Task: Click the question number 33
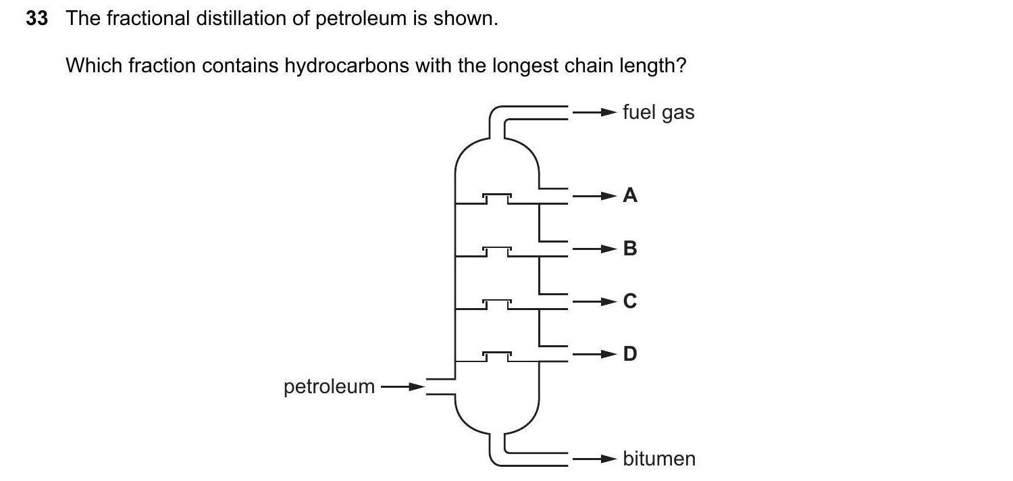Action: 37,19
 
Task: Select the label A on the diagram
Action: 630,196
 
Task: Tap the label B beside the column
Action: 630,249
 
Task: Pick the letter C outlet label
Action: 630,301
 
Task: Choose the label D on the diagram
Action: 630,353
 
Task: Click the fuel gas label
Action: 658,112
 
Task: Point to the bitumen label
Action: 658,459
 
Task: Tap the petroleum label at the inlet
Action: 329,386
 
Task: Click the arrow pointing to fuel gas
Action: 595,111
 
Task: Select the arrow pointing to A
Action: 595,197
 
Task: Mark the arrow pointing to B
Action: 595,249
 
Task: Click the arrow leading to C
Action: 595,301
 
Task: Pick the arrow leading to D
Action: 595,353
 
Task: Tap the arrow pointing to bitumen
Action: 595,459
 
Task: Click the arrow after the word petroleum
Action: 402,387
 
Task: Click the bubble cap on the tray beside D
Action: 497,354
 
